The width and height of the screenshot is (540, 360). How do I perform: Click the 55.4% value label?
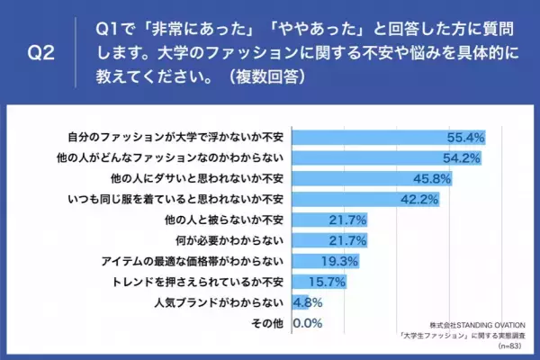click(x=466, y=138)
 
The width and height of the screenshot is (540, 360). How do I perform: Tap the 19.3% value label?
click(x=340, y=261)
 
